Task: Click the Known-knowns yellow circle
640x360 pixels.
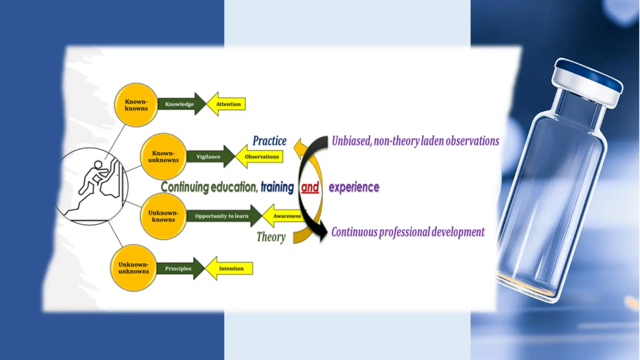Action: tap(136, 105)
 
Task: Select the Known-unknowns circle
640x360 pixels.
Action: tap(163, 156)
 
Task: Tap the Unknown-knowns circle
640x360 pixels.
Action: tap(163, 216)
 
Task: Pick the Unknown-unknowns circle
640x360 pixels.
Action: tap(134, 268)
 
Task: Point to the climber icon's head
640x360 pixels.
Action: tap(98, 164)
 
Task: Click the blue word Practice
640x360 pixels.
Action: tap(269, 141)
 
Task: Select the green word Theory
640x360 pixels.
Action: tap(271, 237)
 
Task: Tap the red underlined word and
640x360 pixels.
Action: tap(310, 187)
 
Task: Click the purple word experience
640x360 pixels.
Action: tap(354, 187)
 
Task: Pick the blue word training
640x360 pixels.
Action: tap(277, 187)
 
